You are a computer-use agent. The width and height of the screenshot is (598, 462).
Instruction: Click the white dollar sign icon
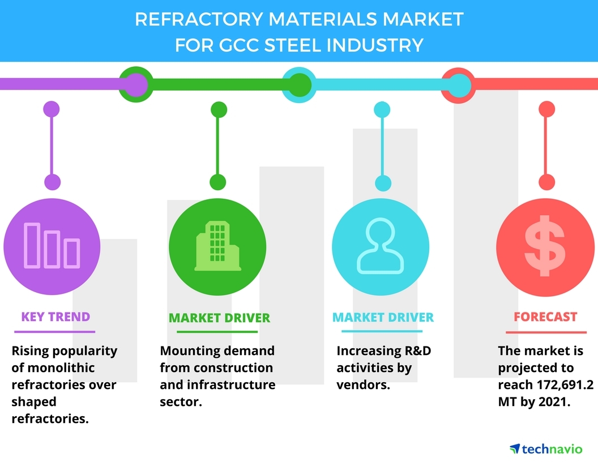coord(545,245)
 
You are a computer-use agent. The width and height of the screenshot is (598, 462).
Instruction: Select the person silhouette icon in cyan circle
coord(379,245)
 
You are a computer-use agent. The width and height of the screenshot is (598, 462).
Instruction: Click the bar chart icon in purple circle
coord(52,245)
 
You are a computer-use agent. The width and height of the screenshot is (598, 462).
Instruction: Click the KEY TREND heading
coord(55,316)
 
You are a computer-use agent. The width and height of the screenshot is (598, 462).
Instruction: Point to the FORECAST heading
coord(545,317)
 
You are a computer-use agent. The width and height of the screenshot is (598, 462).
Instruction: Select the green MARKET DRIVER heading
coord(219,318)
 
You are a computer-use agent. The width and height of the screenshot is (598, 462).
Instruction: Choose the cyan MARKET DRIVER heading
coord(383,317)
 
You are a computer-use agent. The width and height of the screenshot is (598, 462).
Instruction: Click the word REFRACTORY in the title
coord(198,19)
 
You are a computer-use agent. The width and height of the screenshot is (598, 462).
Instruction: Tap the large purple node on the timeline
coord(134,85)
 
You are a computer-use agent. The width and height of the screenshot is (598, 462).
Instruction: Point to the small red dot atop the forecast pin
coord(546,108)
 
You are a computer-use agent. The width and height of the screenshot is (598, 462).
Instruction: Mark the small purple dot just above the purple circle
coord(52,182)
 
